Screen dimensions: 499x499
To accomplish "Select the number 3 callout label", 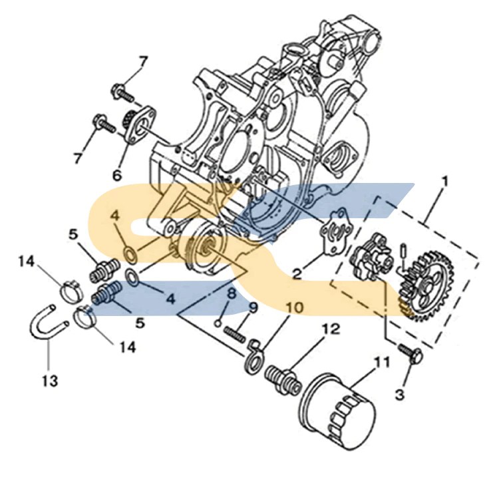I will pyautogui.click(x=399, y=395).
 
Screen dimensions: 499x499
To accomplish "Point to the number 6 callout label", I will pyautogui.click(x=117, y=176).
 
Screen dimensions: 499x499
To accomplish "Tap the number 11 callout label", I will pyautogui.click(x=380, y=363).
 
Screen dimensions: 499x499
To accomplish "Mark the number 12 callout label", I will pyautogui.click(x=331, y=328).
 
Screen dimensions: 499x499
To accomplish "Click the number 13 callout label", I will pyautogui.click(x=50, y=381).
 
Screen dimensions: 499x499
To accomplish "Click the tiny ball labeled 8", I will pyautogui.click(x=218, y=323).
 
